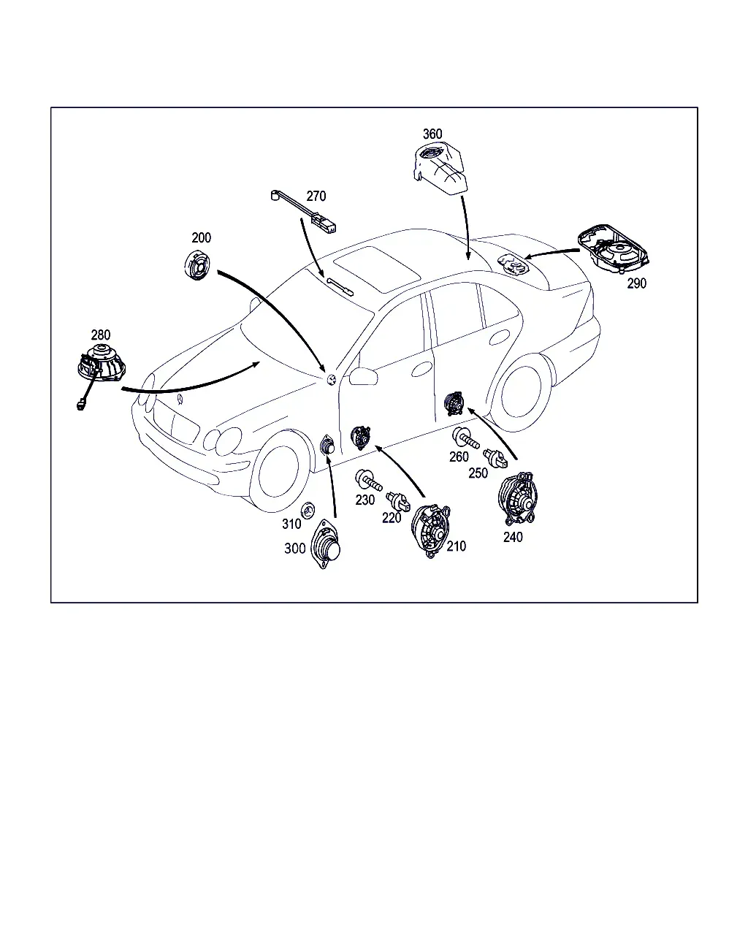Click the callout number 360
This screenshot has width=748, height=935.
pos(432,134)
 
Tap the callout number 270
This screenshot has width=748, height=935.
pos(316,196)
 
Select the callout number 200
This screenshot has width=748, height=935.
pos(201,237)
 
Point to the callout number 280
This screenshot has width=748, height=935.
pos(100,335)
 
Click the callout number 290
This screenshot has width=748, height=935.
pos(637,283)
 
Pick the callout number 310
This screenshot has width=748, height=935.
pos(291,524)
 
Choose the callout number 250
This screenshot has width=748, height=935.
pos(478,473)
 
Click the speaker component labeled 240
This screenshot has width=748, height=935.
pos(518,499)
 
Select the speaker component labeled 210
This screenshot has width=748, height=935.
pos(431,531)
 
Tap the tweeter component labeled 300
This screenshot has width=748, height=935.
pos(326,544)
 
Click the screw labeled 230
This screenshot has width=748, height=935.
pos(368,480)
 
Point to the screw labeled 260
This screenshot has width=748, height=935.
pos(465,438)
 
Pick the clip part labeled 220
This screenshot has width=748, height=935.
pos(399,502)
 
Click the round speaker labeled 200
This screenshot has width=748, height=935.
pos(197,265)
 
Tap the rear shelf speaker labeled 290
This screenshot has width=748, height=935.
pos(614,249)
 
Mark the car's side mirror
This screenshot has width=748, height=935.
pos(363,376)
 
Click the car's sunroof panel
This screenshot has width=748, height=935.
pos(377,269)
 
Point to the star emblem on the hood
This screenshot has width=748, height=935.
pos(180,400)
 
